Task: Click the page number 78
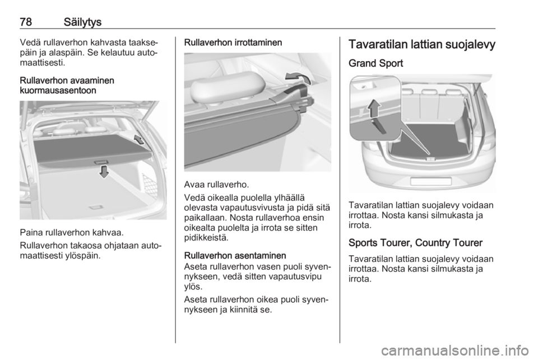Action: (x=26, y=22)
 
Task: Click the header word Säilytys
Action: (x=83, y=22)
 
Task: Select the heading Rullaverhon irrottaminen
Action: (x=233, y=43)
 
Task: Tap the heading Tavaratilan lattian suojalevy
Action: (x=422, y=45)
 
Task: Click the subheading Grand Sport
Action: (x=375, y=63)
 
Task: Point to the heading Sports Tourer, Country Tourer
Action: (x=415, y=243)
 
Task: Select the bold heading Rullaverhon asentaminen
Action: (x=235, y=256)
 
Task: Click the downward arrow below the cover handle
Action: (x=104, y=171)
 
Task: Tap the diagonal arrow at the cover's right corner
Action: (x=138, y=139)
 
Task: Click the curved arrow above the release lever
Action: (x=298, y=78)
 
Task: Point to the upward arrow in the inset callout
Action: (x=374, y=108)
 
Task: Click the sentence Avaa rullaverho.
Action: (x=216, y=184)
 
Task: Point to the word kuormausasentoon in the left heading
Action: (x=58, y=91)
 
